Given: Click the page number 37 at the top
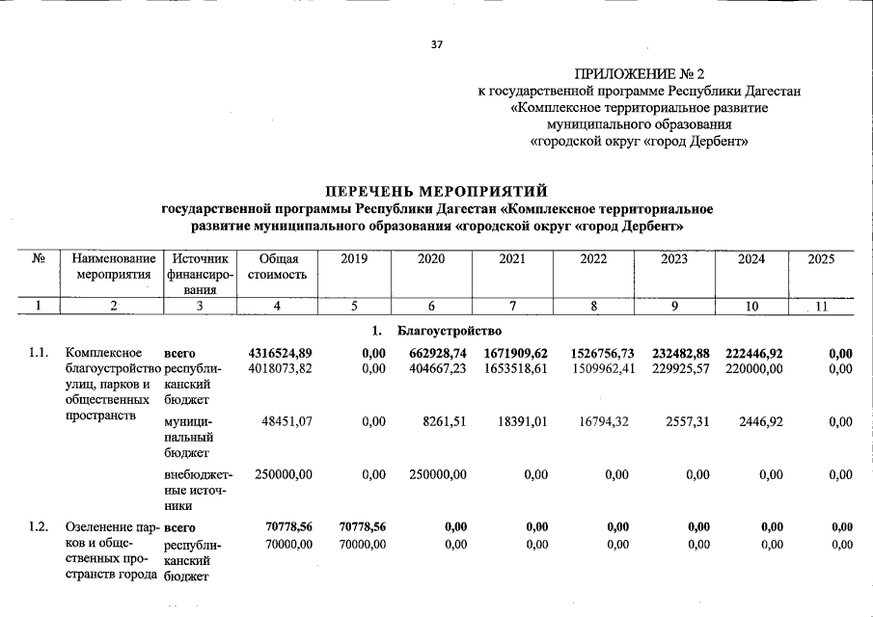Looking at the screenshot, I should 436,44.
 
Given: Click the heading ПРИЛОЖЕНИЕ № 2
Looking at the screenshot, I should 640,73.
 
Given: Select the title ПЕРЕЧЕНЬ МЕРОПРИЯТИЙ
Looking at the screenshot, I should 437,192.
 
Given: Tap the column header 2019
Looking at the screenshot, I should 354,259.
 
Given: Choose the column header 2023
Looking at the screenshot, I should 675,259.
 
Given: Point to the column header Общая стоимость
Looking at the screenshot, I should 278,267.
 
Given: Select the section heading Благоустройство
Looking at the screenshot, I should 449,332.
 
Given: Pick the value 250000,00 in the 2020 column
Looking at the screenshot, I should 431,474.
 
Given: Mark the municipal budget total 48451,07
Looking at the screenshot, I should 286,421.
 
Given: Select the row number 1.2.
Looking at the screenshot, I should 39,527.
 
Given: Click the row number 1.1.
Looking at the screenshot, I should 39,354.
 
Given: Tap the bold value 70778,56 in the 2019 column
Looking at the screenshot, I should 363,527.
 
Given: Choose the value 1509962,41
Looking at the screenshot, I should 594,368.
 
